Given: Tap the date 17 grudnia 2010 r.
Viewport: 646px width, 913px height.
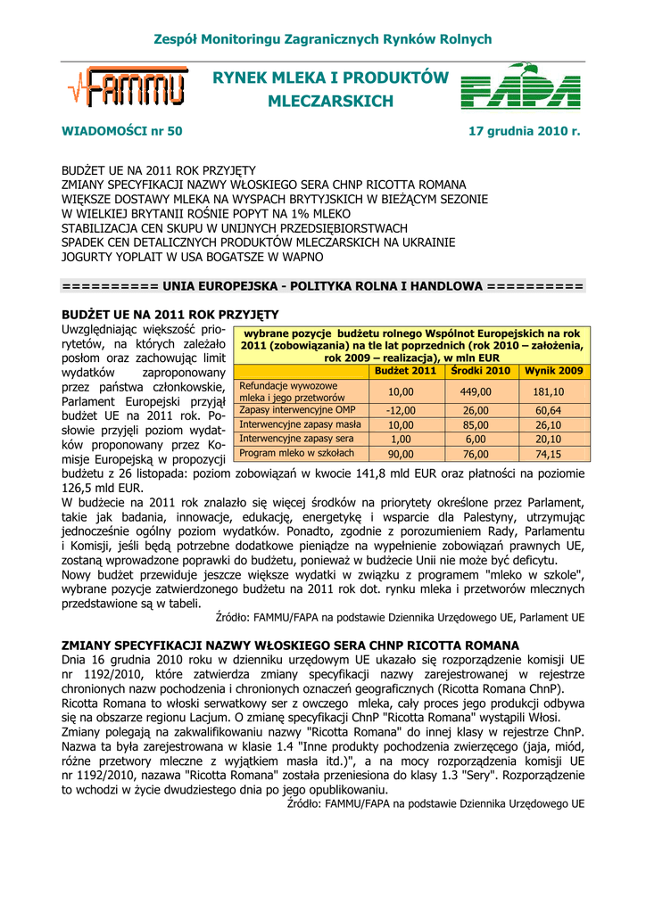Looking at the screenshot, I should (525, 131).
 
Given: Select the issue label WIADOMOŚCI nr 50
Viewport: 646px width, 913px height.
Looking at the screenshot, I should (121, 131).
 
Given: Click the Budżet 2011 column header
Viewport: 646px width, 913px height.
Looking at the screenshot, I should (405, 370).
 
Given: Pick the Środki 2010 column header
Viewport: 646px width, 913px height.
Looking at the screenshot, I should (480, 370).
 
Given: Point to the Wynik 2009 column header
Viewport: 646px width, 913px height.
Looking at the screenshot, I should (553, 370).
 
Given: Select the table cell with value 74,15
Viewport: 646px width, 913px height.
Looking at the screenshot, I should (548, 454).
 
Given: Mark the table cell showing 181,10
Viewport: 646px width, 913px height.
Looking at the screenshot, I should (548, 391).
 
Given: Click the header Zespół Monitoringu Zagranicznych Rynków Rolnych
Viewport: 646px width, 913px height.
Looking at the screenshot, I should (323, 39).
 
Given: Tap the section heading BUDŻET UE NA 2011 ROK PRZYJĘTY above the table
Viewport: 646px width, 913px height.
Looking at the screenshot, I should (170, 315).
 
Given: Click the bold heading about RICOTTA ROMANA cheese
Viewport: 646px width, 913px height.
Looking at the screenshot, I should (290, 645).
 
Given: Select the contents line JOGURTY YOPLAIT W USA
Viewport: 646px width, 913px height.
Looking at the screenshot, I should (192, 257).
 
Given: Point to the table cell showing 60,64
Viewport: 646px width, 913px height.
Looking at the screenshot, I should (548, 410).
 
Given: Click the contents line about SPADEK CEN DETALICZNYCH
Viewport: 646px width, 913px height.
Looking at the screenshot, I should (245, 243).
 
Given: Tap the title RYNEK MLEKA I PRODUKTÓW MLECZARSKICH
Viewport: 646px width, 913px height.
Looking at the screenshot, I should (330, 90).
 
